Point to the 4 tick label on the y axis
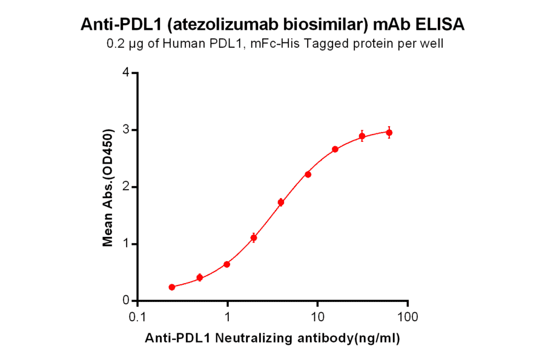pyautogui.click(x=126, y=73)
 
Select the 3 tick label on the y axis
pyautogui.click(x=126, y=130)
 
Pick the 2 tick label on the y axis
pyautogui.click(x=126, y=187)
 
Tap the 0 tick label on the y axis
pyautogui.click(x=126, y=301)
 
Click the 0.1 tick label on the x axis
pyautogui.click(x=138, y=316)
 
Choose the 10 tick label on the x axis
pyautogui.click(x=317, y=316)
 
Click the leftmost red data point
pyautogui.click(x=172, y=287)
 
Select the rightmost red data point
pyautogui.click(x=389, y=132)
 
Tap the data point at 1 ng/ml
pyautogui.click(x=226, y=264)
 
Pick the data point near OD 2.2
pyautogui.click(x=308, y=175)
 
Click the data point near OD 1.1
pyautogui.click(x=254, y=238)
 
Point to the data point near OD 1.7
pyautogui.click(x=280, y=202)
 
